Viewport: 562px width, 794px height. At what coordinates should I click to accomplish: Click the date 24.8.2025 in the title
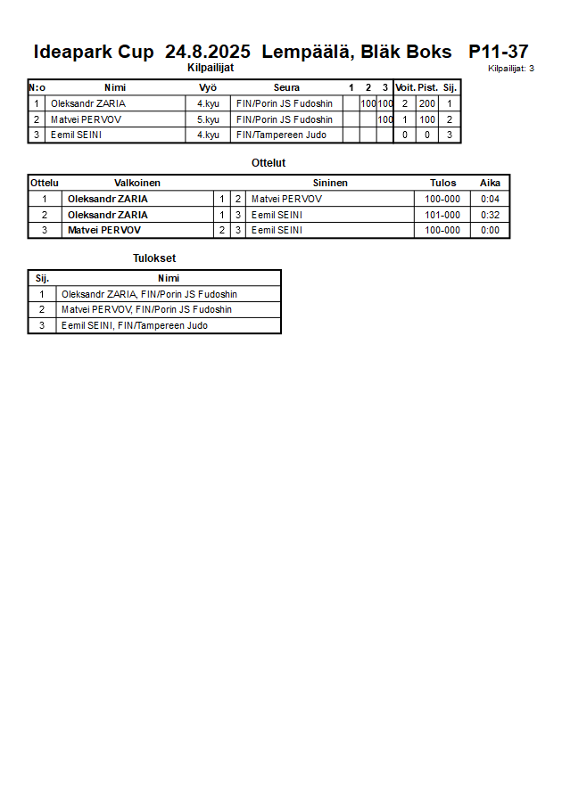(208, 52)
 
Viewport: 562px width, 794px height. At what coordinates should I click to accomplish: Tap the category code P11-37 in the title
(498, 52)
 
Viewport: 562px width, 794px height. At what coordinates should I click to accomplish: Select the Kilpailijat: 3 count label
(511, 69)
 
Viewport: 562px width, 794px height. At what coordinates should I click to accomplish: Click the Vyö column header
(208, 88)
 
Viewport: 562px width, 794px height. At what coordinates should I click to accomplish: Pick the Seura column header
(286, 88)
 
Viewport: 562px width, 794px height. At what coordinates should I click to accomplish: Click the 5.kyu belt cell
(208, 119)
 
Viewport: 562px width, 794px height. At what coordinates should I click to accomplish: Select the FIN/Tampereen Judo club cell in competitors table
(281, 135)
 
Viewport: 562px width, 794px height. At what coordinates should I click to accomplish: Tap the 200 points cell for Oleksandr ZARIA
(427, 104)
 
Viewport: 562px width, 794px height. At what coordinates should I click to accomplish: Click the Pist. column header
(427, 88)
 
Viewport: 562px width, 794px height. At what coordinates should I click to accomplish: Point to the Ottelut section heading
(269, 163)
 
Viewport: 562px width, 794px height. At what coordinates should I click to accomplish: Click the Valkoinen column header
(137, 183)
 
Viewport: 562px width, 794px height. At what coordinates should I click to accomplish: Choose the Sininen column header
(330, 183)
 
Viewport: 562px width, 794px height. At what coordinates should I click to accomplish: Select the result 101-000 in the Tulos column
(442, 215)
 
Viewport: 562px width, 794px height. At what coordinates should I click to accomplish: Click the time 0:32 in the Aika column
(490, 215)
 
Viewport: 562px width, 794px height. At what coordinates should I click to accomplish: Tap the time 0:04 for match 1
(490, 199)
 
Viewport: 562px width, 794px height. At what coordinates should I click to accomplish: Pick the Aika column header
(490, 183)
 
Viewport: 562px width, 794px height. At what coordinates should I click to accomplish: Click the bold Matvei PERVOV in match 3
(104, 231)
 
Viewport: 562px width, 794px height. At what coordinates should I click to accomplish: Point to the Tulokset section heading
(155, 258)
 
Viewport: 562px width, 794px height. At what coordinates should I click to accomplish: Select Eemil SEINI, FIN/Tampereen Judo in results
(135, 326)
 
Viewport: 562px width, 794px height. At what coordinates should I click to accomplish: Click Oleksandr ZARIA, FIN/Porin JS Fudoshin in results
(149, 294)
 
